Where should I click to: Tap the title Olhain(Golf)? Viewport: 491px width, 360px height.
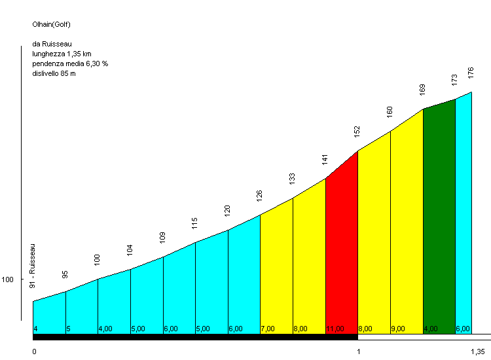pos(52,25)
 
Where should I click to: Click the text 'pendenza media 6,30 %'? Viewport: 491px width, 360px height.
pos(70,63)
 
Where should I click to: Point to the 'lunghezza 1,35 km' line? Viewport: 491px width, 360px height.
pos(62,54)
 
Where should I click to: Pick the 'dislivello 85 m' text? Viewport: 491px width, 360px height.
pos(54,73)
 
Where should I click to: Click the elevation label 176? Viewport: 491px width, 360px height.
pos(471,73)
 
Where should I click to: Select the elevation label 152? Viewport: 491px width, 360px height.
pos(357,132)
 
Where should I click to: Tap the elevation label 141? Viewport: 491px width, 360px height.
pos(325,159)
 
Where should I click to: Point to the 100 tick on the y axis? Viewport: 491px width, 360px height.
pos(8,279)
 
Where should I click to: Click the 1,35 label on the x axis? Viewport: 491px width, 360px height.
pos(478,351)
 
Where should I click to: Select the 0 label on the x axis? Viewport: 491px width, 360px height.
pos(34,351)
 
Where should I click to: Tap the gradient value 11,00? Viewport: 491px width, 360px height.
pos(335,329)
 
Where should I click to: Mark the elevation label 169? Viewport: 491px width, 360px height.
pos(423,90)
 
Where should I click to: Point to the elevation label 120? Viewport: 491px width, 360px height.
pos(228,210)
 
